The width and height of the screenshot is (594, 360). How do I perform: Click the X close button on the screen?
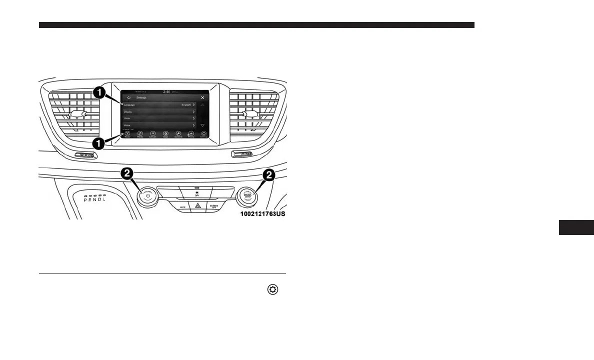coord(202,98)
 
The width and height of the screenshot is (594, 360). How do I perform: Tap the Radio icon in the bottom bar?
coord(127,134)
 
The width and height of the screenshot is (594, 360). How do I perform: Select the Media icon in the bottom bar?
coord(140,134)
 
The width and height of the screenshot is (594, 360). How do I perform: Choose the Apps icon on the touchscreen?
coord(165,134)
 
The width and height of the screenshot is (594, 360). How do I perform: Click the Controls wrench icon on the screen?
coord(178,134)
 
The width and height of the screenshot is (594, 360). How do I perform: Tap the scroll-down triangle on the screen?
coord(202,125)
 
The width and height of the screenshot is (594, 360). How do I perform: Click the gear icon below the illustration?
coord(273,289)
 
